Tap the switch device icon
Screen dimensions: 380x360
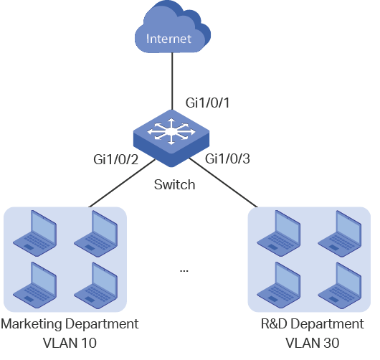171,138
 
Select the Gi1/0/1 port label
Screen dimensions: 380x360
207,103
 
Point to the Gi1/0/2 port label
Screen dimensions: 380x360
116,159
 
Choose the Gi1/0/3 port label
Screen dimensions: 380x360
227,159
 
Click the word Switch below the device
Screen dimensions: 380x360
174,184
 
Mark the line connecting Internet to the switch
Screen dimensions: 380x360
172,81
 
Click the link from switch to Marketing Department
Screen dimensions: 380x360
122,184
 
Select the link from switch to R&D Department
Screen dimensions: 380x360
223,183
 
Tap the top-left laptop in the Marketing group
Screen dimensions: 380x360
35,234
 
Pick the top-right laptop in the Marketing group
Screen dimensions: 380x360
96,234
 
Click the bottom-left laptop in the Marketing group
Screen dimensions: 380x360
35,285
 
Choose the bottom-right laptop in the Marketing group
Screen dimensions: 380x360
96,285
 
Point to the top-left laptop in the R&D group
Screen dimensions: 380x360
279,234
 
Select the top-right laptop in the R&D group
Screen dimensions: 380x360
340,234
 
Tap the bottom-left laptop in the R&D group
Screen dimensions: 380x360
279,285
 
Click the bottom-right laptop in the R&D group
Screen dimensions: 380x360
340,285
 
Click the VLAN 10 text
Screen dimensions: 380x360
70,343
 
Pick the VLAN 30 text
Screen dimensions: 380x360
313,343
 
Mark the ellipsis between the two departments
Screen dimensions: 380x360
184,271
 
